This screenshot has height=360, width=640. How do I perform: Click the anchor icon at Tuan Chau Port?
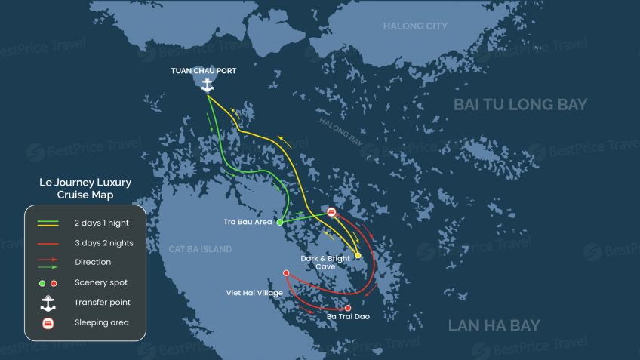207,85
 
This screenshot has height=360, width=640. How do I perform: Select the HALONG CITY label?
415,26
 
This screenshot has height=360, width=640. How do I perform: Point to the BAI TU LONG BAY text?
521,105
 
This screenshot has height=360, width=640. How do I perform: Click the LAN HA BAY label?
494,325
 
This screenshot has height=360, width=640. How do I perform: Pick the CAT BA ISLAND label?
200,249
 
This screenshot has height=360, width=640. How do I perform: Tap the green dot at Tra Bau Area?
280,223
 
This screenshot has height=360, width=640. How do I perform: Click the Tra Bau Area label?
248,223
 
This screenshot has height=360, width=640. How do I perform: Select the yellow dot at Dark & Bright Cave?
358,255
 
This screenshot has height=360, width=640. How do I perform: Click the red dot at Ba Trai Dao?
348,308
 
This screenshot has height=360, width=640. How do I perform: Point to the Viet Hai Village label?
254,293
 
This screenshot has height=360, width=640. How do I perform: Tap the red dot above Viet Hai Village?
286,273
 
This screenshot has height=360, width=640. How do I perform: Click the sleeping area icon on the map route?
331,212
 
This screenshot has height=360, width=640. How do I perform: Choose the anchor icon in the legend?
48,303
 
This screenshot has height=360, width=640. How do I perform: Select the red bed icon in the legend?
48,323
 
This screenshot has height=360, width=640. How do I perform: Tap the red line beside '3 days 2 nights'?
48,243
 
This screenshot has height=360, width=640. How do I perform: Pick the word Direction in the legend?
92,263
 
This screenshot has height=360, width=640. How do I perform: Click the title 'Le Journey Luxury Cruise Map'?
85,189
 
